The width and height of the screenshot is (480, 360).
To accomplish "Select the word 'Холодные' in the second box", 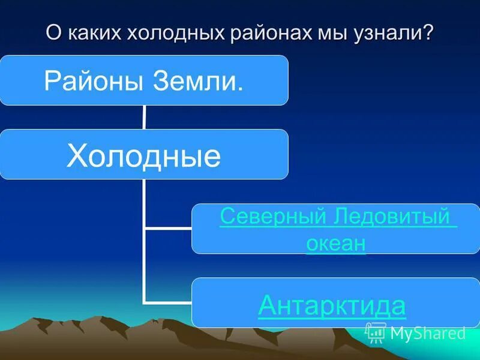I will [x=143, y=155].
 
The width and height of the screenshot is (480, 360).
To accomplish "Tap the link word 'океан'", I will [x=335, y=244].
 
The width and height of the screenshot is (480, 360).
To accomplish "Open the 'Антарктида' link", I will [x=332, y=306].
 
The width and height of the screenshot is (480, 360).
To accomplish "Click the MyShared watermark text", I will [x=427, y=334].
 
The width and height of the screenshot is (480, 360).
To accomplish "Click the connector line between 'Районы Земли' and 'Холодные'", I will [x=144, y=117].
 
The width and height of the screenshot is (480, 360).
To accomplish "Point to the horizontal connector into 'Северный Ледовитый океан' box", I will [x=168, y=228].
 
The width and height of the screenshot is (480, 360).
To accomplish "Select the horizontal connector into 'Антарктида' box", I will [x=168, y=302].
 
